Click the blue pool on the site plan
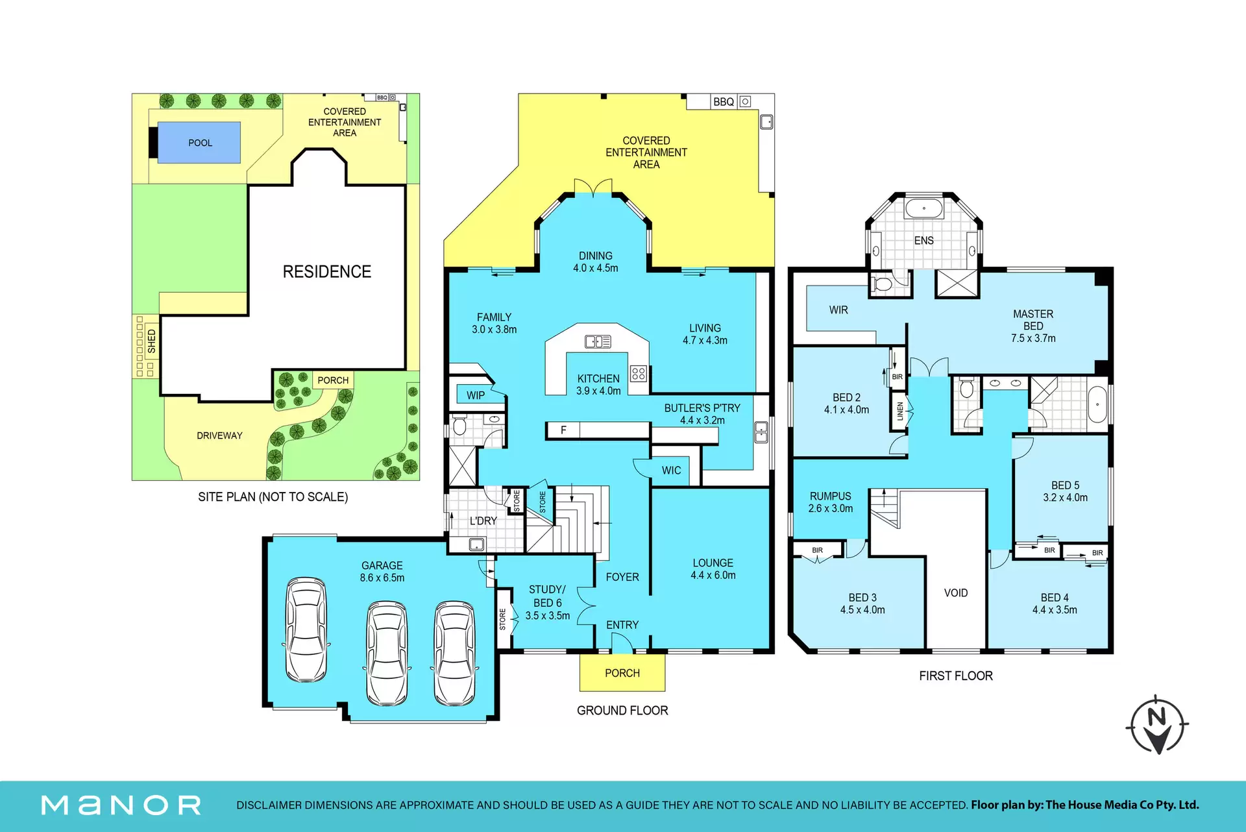click(199, 142)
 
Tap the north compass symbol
click(1157, 725)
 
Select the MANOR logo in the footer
click(121, 805)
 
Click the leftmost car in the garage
click(306, 630)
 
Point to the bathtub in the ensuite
click(924, 209)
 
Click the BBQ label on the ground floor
click(723, 102)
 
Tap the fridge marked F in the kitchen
click(563, 430)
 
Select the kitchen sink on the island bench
click(598, 341)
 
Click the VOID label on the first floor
click(956, 593)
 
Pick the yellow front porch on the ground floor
click(622, 673)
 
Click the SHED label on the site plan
click(152, 341)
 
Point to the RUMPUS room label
click(830, 496)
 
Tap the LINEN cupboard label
click(900, 411)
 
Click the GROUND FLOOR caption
click(622, 711)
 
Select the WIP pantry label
click(476, 395)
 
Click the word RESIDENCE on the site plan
click(327, 272)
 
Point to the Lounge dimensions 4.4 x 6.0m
click(713, 576)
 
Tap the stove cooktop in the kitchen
click(639, 373)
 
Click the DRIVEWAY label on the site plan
click(219, 435)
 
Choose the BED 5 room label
click(1066, 485)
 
